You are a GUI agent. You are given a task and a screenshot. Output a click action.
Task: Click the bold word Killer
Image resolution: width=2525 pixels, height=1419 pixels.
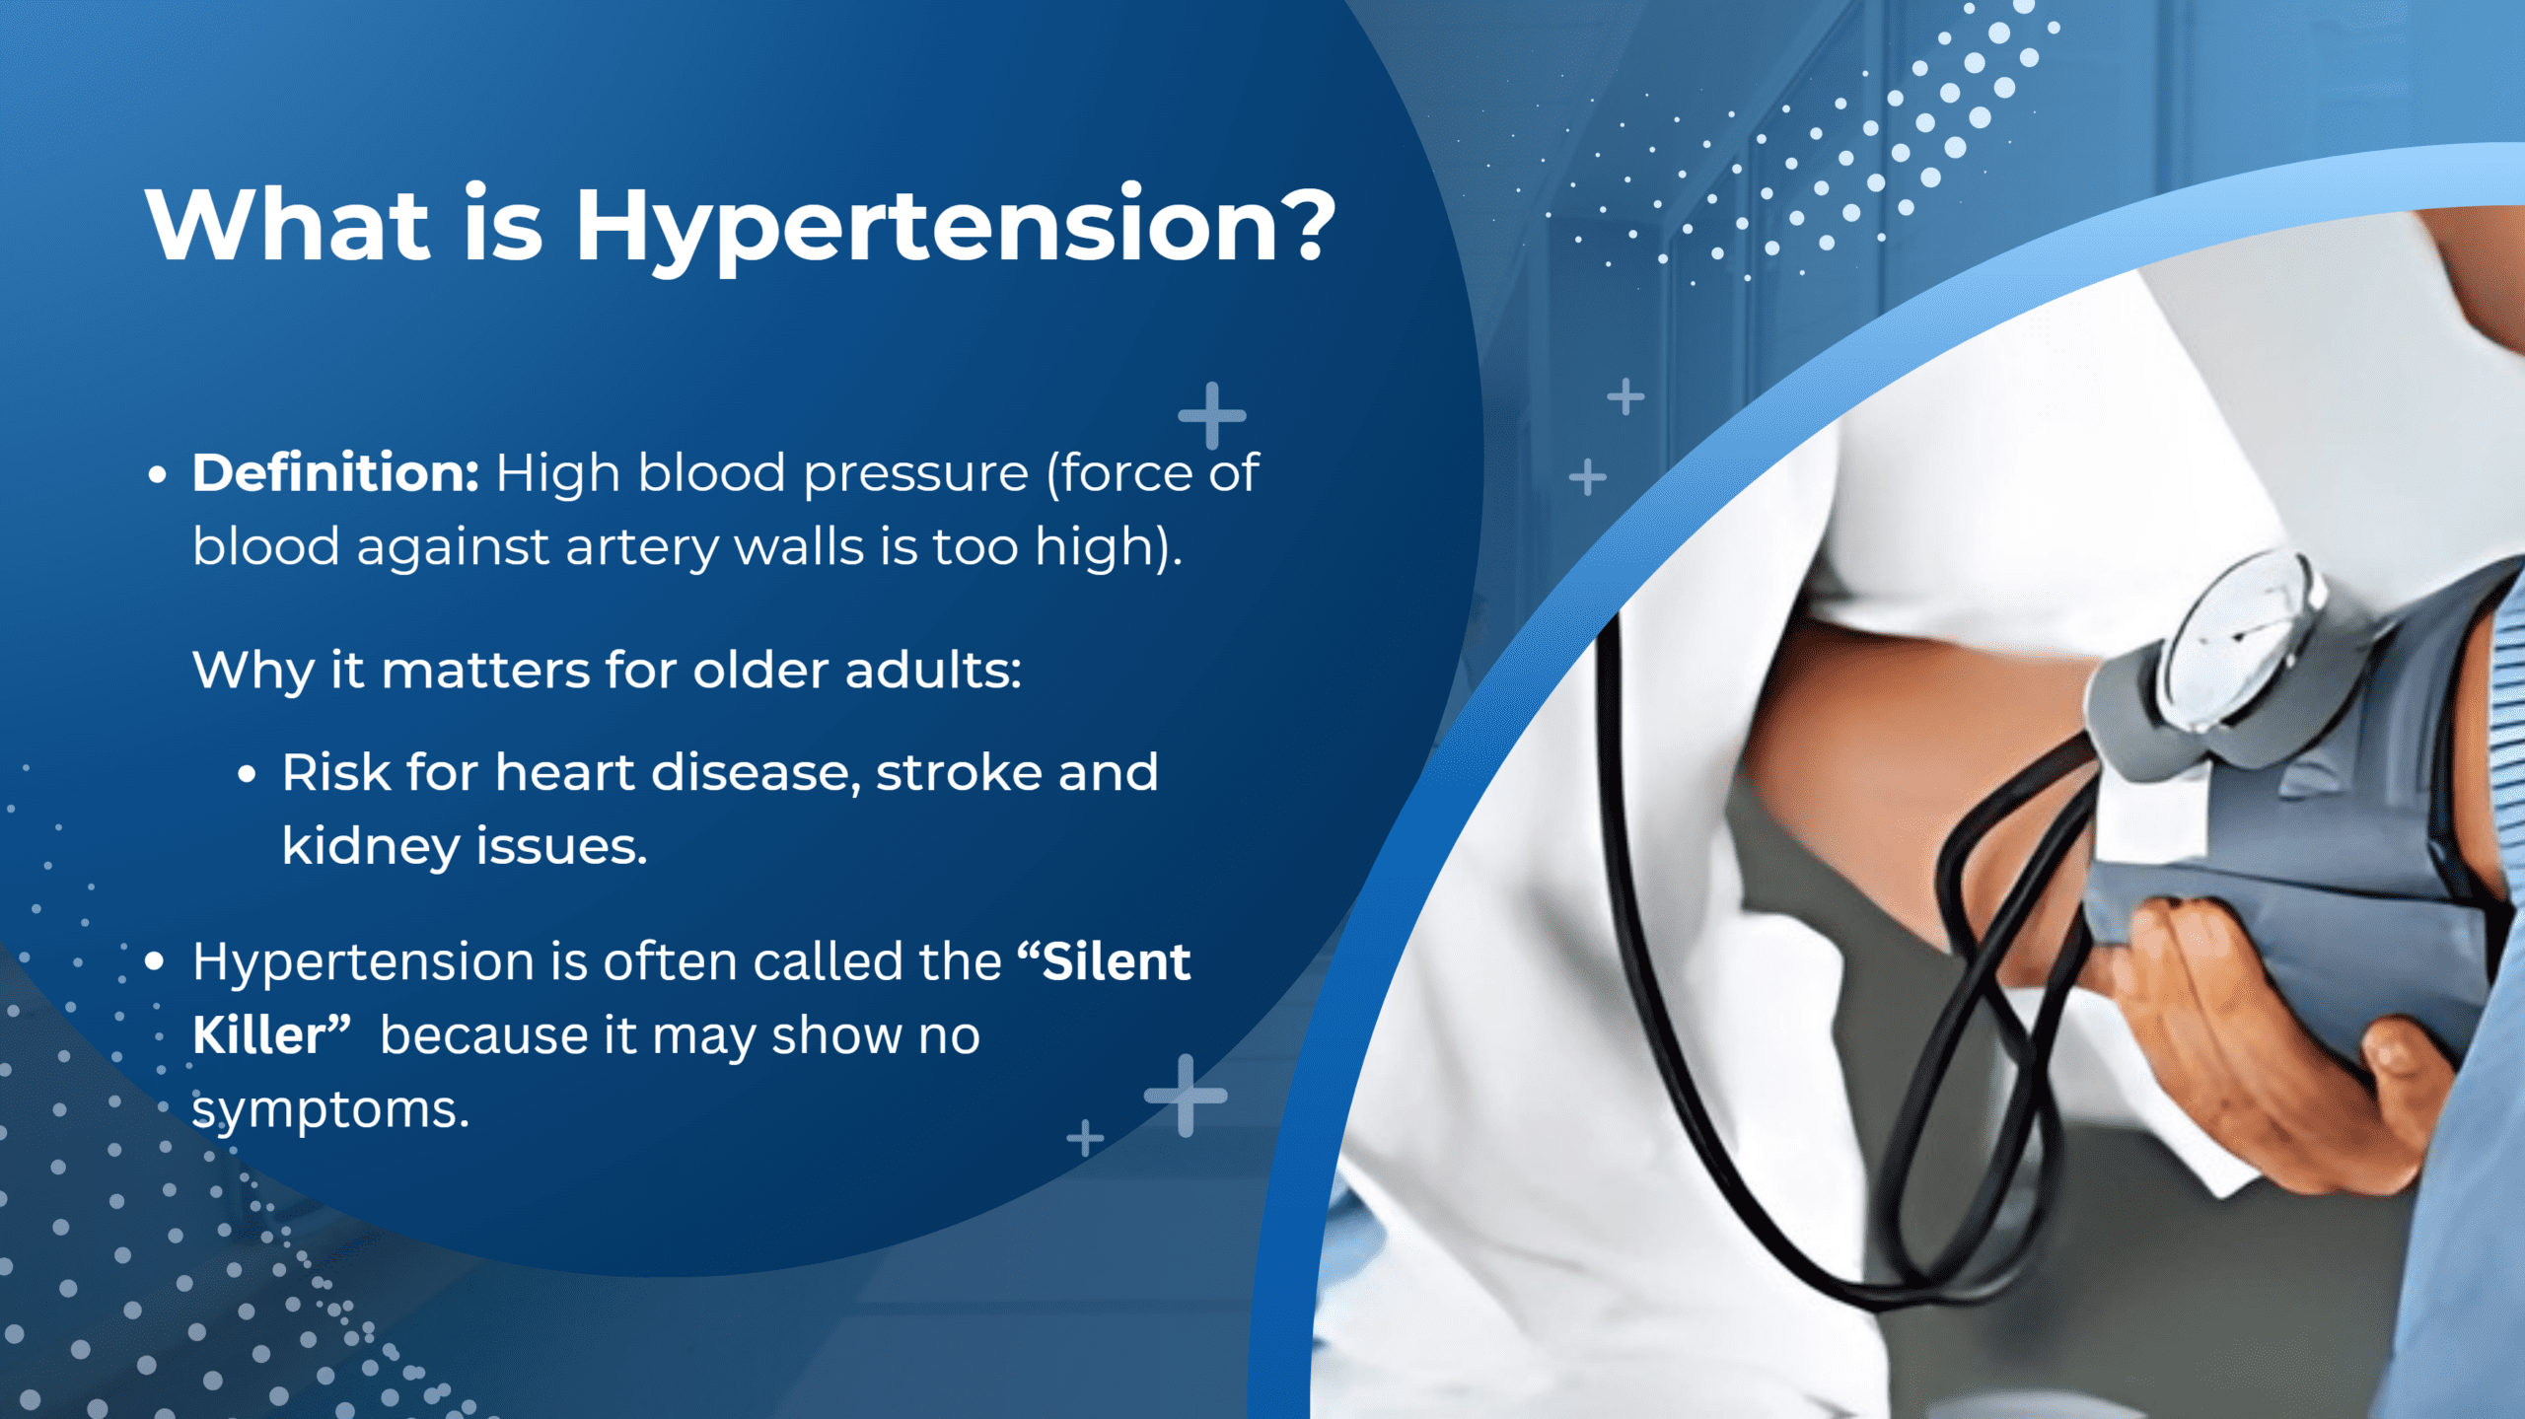258,1035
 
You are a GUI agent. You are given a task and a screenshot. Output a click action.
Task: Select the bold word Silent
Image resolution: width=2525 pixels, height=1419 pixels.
1117,961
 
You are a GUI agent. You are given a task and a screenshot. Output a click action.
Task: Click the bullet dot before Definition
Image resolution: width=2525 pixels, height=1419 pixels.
156,474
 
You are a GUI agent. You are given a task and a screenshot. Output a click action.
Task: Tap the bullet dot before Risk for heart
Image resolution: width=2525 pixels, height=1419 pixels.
247,774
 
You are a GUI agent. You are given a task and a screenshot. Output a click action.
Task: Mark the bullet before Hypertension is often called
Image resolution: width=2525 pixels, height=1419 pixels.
154,961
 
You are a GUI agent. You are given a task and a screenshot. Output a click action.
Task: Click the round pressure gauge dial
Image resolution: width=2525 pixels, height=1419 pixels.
2239,641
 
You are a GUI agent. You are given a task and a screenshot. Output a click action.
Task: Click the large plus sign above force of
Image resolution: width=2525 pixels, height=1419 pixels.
1212,415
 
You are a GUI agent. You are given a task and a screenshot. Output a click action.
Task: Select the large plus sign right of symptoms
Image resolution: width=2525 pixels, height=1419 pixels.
1186,1095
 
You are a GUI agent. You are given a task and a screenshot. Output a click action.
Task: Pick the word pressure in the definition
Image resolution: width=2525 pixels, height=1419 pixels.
915,474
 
